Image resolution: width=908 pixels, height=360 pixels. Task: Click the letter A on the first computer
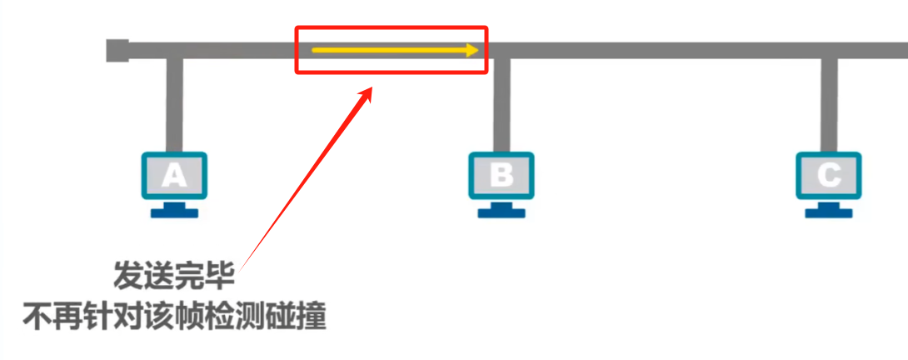tap(173, 175)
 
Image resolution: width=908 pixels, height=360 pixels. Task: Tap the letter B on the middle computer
tap(501, 175)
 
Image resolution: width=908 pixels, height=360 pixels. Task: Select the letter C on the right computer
tap(828, 175)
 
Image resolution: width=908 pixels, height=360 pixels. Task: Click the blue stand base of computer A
tap(174, 212)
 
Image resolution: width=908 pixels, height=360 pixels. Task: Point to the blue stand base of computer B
tap(501, 212)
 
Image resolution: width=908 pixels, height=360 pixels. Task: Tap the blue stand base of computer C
tap(829, 212)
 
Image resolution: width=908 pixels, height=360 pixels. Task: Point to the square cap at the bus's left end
tap(117, 50)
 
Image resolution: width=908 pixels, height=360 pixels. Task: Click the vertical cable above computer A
tap(174, 104)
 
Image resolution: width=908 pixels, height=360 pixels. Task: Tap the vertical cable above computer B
tap(501, 104)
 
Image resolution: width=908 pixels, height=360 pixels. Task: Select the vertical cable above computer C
tap(828, 104)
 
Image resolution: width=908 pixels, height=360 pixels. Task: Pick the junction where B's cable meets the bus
tap(501, 52)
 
